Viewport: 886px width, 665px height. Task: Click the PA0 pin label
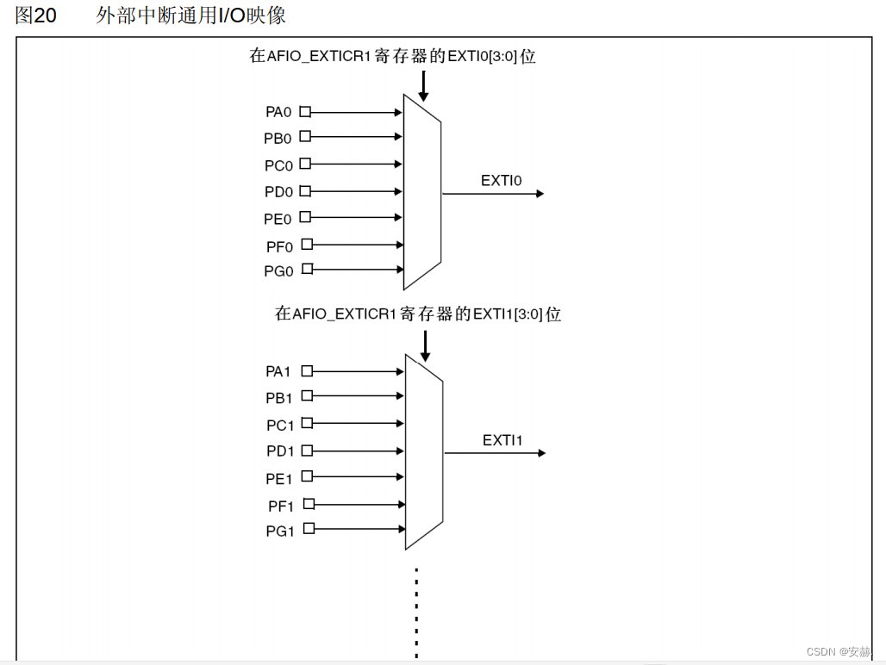[278, 112]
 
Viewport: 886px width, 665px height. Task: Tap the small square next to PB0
[305, 136]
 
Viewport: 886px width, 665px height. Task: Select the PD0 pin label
[278, 192]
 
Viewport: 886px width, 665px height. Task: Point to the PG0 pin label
[278, 271]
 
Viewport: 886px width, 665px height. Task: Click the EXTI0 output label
[501, 180]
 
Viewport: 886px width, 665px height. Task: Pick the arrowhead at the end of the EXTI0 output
[540, 194]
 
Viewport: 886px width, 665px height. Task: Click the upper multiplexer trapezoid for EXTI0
[422, 191]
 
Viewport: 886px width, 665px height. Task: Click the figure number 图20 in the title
[36, 16]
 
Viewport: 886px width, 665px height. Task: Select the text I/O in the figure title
[232, 16]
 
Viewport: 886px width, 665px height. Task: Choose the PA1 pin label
[278, 371]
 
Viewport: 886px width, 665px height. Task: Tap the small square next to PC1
[306, 423]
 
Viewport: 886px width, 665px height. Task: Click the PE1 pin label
[279, 479]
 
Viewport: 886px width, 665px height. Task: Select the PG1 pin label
[280, 531]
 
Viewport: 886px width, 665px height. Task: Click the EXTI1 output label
[502, 440]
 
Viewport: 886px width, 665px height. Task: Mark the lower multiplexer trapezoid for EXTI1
[424, 451]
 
